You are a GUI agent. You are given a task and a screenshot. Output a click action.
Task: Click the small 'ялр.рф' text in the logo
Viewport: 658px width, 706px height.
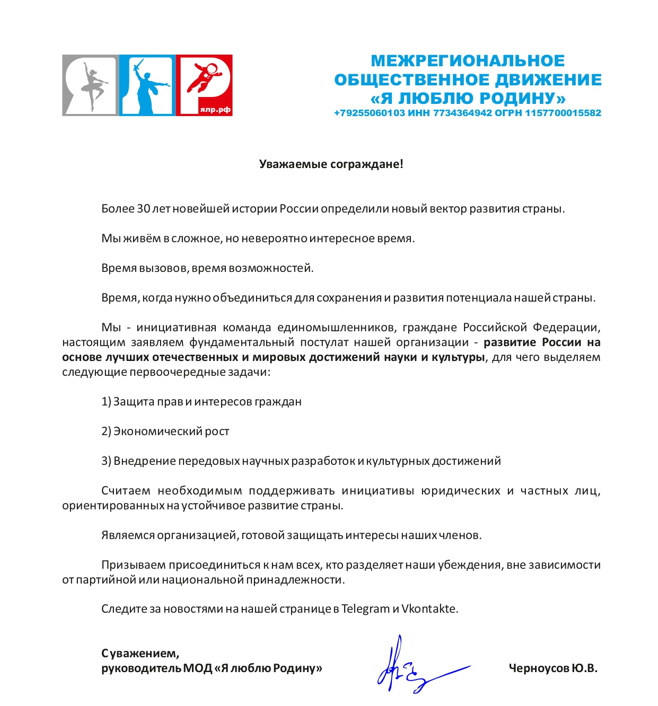pos(215,110)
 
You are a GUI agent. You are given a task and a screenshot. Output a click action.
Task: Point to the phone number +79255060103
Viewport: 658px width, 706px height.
pos(369,113)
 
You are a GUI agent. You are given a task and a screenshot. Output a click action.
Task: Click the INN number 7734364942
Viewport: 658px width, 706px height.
pos(463,113)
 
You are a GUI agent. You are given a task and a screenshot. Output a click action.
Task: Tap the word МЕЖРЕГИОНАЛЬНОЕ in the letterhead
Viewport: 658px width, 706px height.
pos(468,61)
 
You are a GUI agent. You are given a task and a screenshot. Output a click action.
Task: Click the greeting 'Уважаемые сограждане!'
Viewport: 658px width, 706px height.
pos(331,164)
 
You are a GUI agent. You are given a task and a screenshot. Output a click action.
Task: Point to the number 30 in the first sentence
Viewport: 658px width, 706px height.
pos(143,209)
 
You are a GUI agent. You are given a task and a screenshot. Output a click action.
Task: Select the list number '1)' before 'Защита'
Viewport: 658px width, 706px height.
pos(106,402)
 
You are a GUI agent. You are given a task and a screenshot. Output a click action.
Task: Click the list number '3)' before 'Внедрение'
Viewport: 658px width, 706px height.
pos(106,461)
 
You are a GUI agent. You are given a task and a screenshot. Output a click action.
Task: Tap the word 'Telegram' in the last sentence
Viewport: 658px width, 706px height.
pos(365,609)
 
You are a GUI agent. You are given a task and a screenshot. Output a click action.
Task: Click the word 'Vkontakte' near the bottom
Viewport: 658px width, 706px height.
pos(429,609)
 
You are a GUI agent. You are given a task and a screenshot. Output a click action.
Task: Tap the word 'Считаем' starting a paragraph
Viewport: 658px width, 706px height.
pos(126,491)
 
